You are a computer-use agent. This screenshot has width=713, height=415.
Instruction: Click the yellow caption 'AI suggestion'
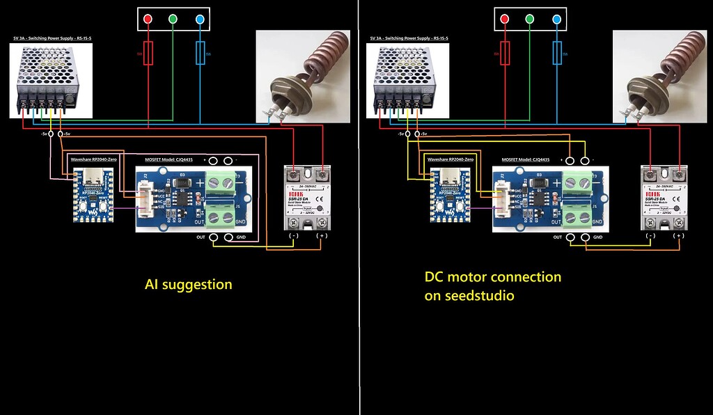point(188,284)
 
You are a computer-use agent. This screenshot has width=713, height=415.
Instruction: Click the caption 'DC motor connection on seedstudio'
point(493,286)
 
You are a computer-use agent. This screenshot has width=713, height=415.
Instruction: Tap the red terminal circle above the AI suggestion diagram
point(148,19)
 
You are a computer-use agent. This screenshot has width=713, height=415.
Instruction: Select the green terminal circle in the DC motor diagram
point(530,19)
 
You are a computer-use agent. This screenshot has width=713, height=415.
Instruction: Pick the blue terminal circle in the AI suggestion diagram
point(201,19)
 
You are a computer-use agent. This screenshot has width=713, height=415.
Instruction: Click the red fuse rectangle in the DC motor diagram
point(505,53)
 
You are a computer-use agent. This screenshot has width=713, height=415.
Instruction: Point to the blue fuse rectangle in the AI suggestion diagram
point(201,53)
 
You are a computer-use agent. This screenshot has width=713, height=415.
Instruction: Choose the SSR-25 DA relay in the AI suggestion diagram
point(308,198)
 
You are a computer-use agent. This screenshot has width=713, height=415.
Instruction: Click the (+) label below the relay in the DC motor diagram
point(678,236)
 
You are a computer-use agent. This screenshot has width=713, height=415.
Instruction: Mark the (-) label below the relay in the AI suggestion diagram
point(294,236)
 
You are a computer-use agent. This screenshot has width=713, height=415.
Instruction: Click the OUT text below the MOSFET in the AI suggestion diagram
point(201,237)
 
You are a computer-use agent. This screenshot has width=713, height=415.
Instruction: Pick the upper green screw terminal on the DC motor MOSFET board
point(579,182)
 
